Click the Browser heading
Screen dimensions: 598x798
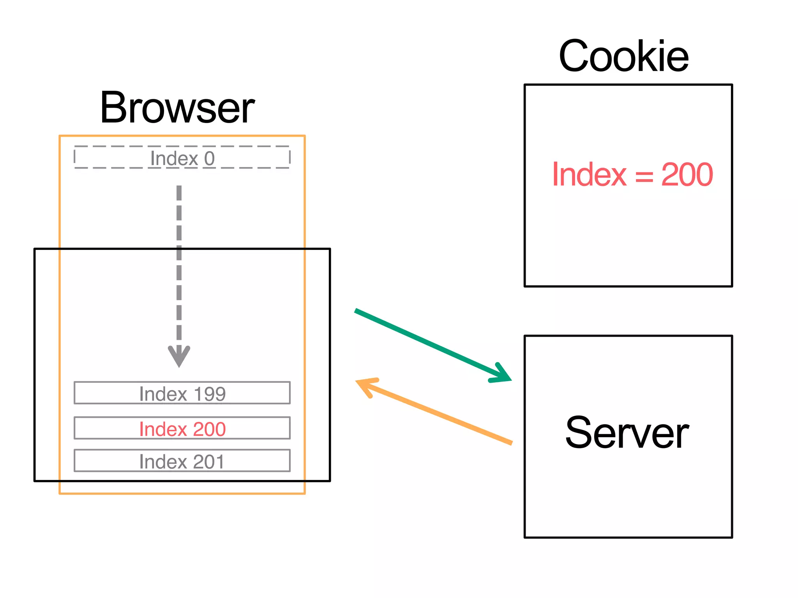click(177, 108)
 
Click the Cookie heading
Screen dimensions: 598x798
click(623, 57)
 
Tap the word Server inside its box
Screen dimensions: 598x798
click(627, 433)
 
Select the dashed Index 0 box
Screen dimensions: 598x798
click(182, 158)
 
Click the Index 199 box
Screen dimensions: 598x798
click(182, 393)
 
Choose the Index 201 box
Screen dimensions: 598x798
click(182, 461)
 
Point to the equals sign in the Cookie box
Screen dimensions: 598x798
click(644, 176)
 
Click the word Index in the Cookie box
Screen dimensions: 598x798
click(589, 175)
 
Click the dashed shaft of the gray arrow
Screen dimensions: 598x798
click(179, 265)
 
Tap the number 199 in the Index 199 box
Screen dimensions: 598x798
click(210, 394)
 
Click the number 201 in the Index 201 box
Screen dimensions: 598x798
click(209, 462)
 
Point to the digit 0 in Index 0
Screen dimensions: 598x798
click(209, 158)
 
